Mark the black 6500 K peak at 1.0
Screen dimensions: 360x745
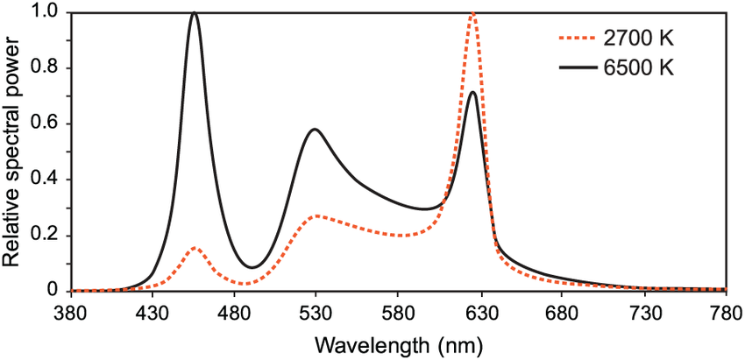click(x=195, y=13)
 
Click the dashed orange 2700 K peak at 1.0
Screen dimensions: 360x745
click(x=473, y=13)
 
